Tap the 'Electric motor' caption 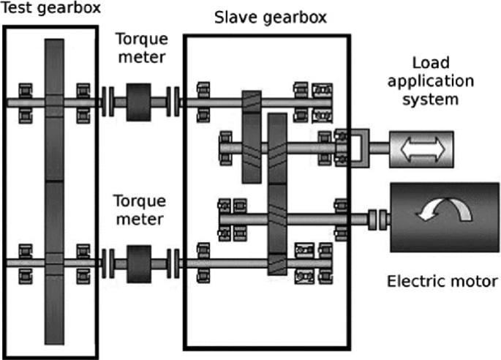tap(443, 280)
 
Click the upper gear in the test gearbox tap(55, 110)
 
